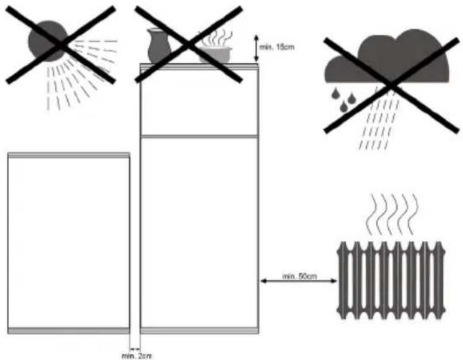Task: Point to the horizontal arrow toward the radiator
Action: click(x=298, y=283)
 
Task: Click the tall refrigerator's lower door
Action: click(x=199, y=231)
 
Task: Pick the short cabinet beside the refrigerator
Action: click(x=68, y=241)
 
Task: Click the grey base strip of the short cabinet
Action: click(x=68, y=330)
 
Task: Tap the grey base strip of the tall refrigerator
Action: click(x=199, y=330)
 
